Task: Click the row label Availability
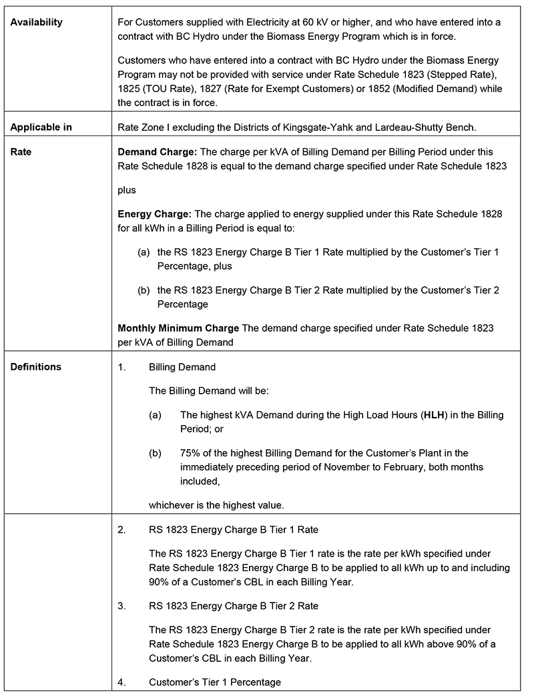click(36, 22)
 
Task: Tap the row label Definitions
click(36, 366)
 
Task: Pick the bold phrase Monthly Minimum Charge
click(178, 328)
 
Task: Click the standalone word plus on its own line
click(127, 190)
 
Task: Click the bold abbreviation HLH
click(434, 415)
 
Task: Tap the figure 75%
click(190, 453)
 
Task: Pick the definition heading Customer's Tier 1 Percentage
click(215, 682)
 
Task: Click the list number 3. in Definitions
click(121, 605)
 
